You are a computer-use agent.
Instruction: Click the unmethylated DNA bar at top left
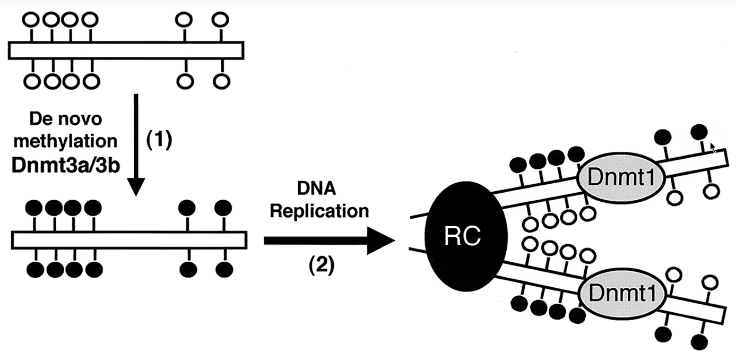pyautogui.click(x=126, y=50)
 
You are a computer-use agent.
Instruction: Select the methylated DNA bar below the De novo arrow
pyautogui.click(x=128, y=240)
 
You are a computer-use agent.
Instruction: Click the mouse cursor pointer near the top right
pyautogui.click(x=713, y=148)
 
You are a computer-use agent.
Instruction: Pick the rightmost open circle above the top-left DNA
pyautogui.click(x=220, y=20)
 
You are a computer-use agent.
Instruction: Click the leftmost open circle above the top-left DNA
pyautogui.click(x=31, y=20)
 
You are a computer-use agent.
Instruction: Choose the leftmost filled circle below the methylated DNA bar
pyautogui.click(x=35, y=270)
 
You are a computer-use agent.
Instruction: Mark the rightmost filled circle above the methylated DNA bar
pyautogui.click(x=223, y=207)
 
